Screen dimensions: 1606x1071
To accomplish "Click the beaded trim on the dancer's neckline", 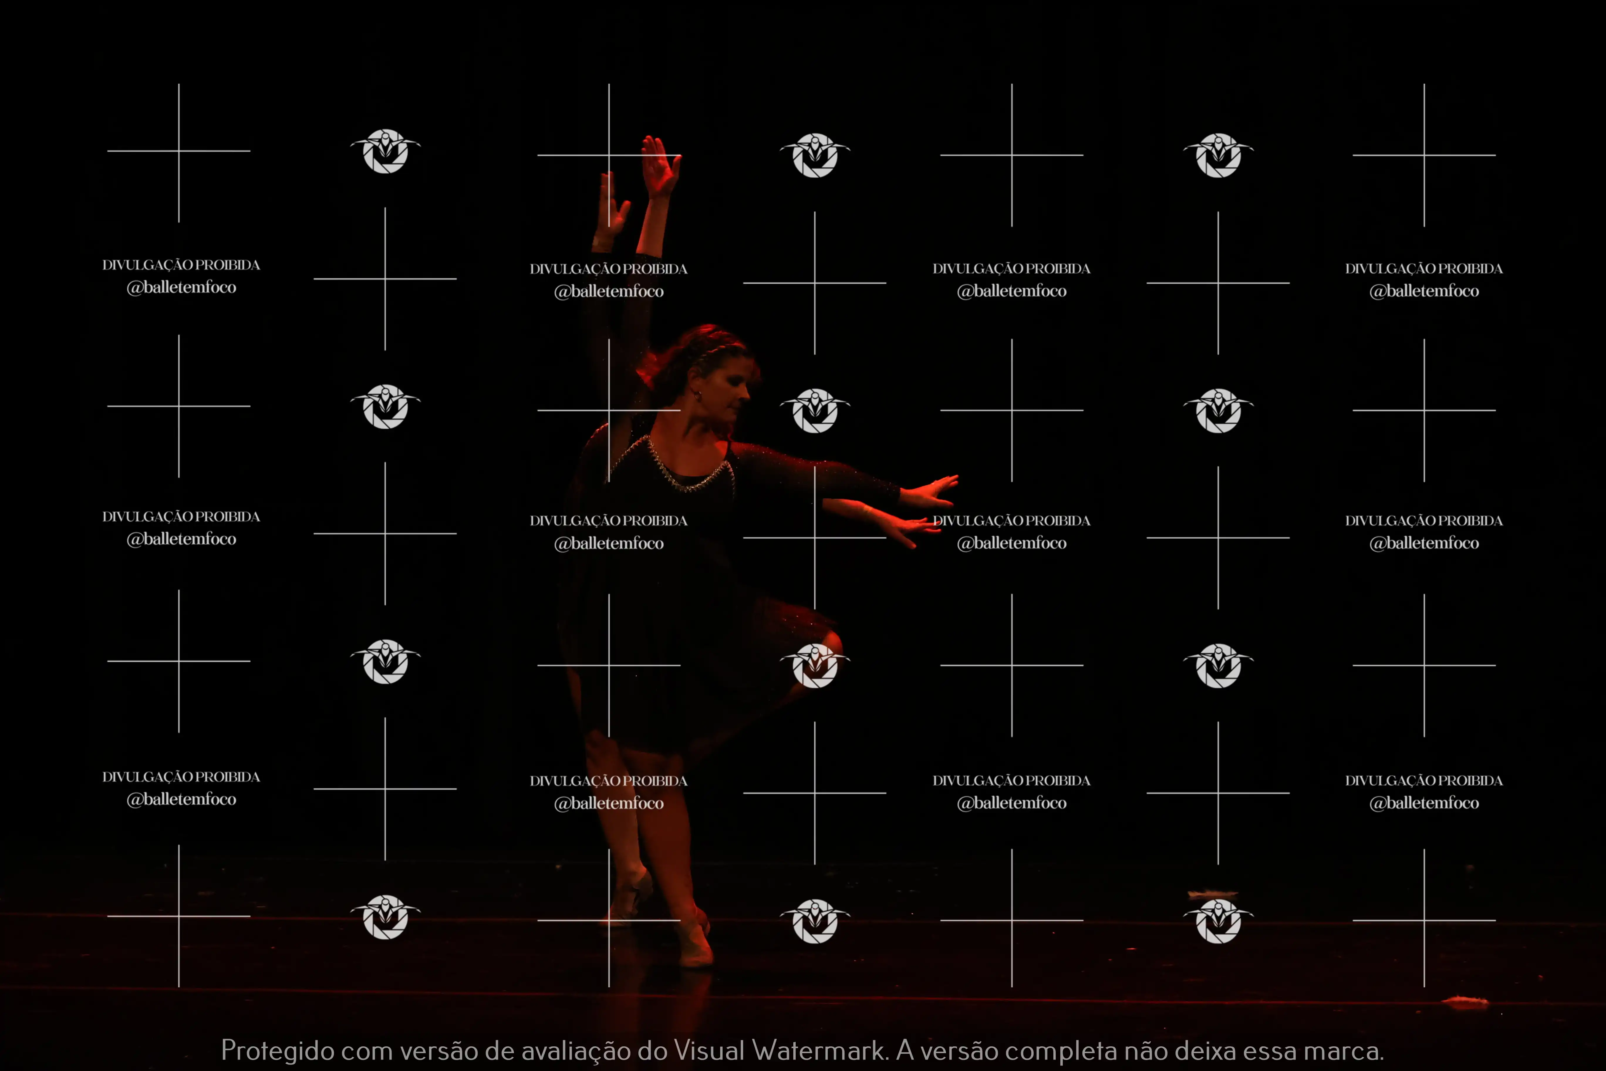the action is click(686, 471).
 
